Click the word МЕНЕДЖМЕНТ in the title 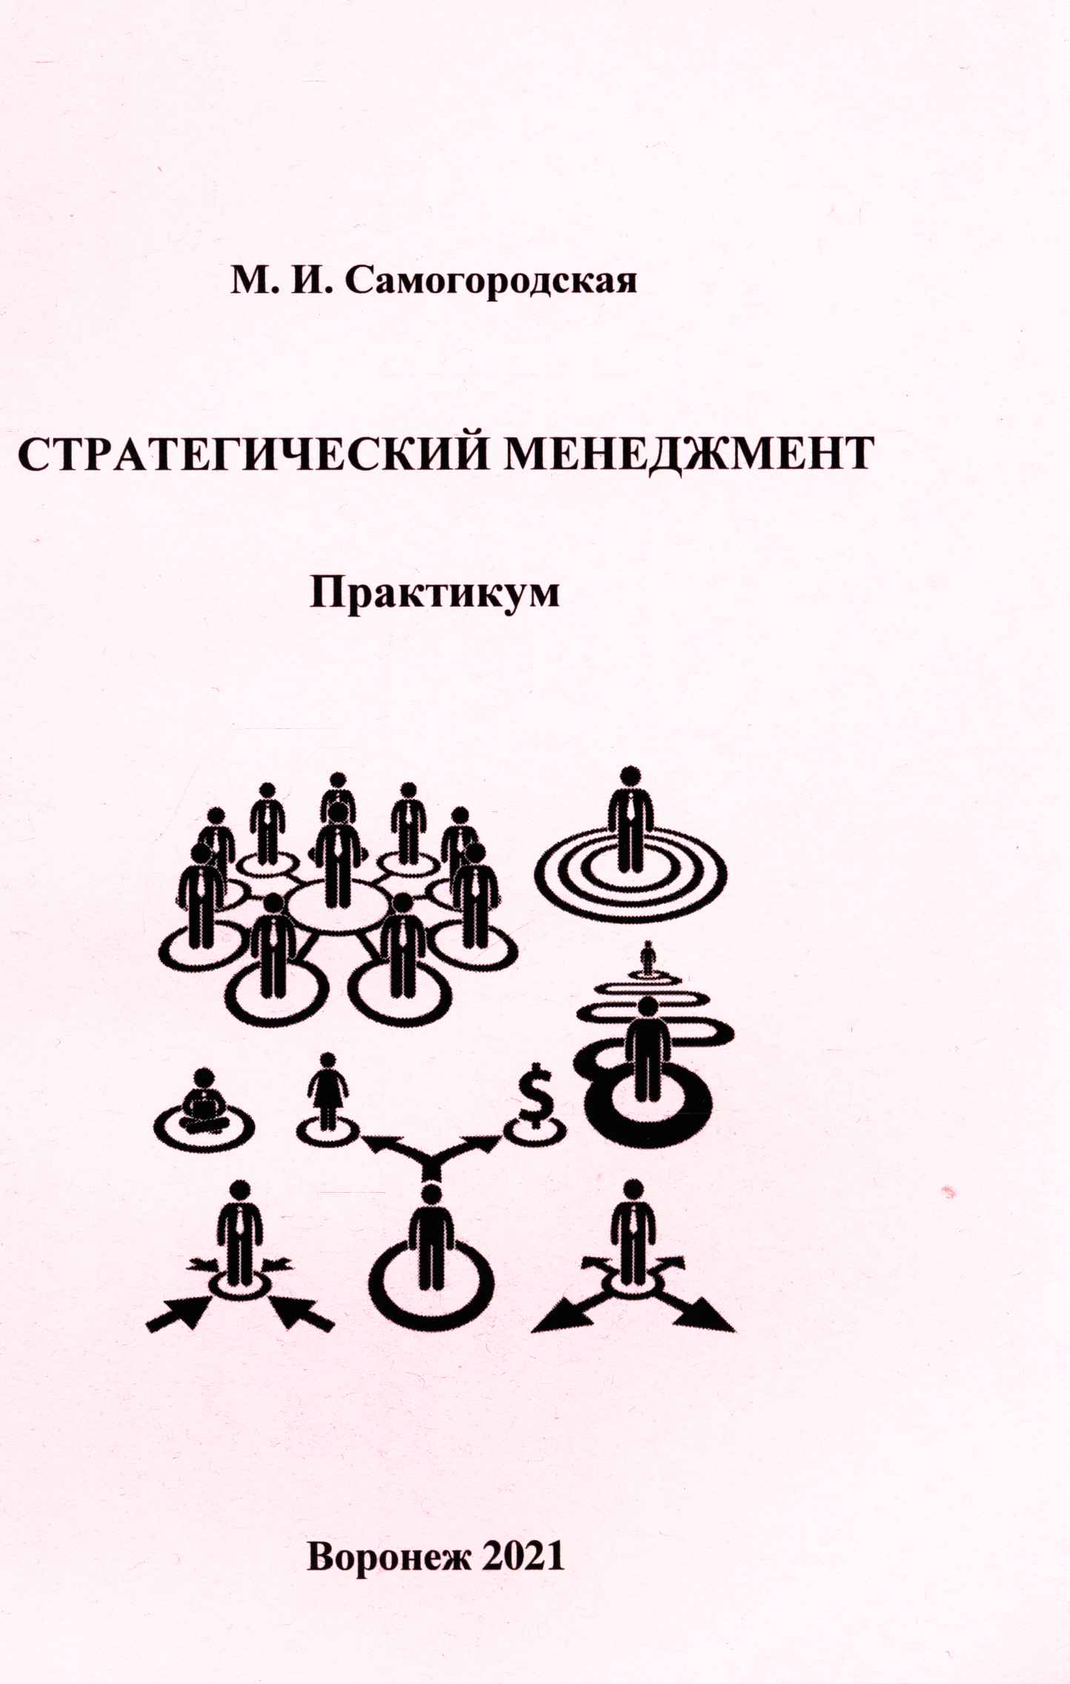click(689, 453)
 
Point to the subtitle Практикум click(434, 593)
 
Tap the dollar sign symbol click(536, 1094)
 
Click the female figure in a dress click(328, 1091)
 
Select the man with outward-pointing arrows click(632, 1235)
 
